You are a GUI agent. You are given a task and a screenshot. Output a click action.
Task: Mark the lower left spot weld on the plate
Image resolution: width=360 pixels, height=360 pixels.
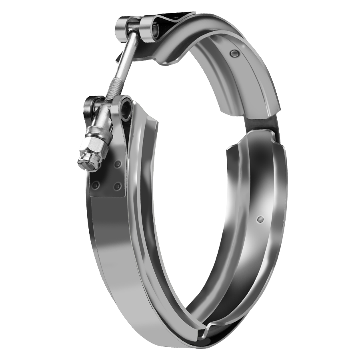(96, 185)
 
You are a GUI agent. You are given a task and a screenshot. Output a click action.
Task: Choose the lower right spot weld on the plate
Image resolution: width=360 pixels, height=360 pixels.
(117, 186)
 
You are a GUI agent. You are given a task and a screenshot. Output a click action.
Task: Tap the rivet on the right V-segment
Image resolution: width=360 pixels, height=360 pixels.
(260, 219)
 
